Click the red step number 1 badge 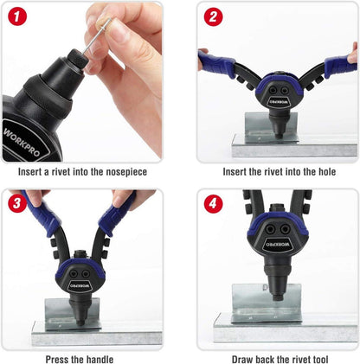click(17, 16)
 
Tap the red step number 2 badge click(213, 16)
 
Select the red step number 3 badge click(17, 203)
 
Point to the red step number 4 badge click(213, 203)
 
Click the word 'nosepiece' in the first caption click(126, 172)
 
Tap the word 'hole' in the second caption click(327, 172)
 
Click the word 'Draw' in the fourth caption click(242, 360)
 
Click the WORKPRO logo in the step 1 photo click(22, 142)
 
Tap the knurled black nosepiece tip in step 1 click(77, 59)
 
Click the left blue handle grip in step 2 click(218, 64)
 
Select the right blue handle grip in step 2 click(340, 66)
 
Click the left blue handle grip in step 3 click(42, 214)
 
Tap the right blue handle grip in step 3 click(117, 214)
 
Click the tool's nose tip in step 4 click(277, 297)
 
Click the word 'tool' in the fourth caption click(319, 360)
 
